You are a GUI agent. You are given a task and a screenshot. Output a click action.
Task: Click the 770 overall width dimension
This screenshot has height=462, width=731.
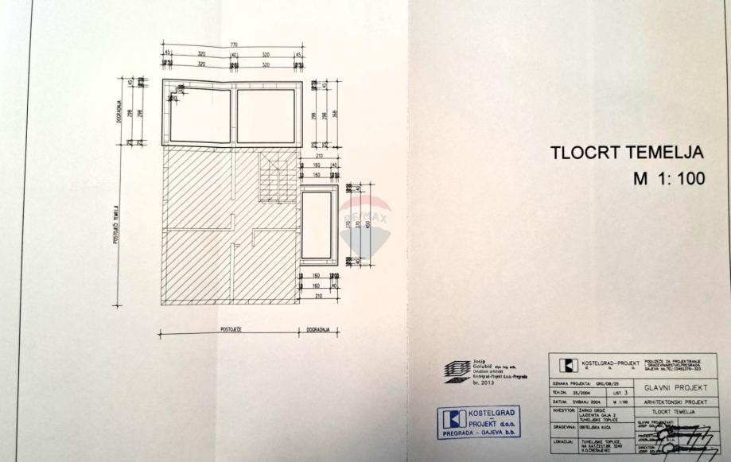click(235, 45)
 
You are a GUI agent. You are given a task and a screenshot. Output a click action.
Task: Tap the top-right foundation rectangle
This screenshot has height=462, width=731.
click(268, 114)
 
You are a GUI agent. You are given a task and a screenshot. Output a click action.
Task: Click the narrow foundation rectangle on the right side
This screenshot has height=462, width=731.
click(319, 225)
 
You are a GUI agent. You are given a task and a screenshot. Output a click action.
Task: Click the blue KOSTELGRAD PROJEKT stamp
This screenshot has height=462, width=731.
click(480, 421)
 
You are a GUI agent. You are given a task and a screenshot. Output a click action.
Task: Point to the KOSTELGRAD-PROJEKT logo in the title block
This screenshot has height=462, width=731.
click(566, 365)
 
